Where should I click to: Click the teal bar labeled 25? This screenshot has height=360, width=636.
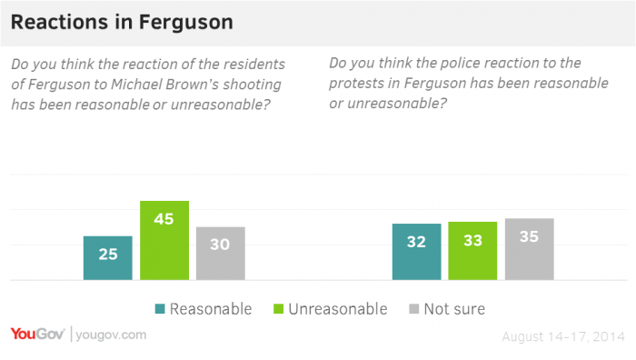tap(108, 257)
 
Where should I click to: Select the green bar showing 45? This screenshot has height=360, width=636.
tap(164, 240)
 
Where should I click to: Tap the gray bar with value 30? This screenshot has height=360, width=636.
tap(221, 253)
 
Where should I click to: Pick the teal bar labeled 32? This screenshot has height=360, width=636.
tap(417, 252)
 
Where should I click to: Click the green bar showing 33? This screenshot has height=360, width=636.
tap(472, 251)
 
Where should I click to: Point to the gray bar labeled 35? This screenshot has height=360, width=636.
tap(529, 249)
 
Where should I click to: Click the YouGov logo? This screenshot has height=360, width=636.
tap(37, 335)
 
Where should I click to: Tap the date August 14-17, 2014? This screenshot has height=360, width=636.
tap(563, 336)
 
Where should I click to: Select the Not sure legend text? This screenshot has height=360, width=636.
tap(455, 309)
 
